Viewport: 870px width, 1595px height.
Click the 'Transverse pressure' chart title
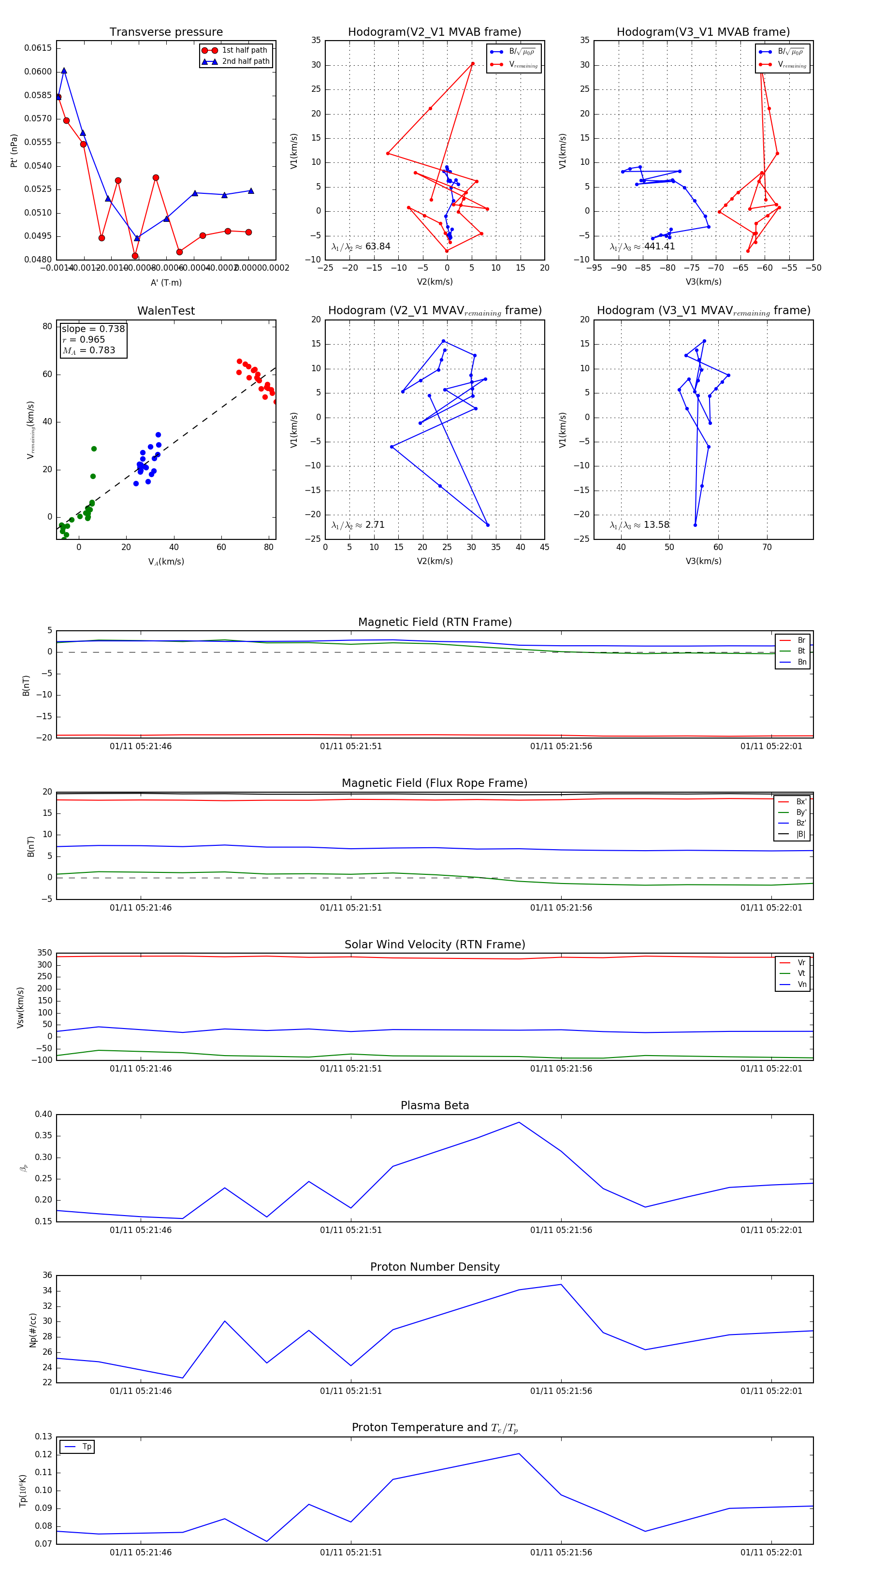(166, 32)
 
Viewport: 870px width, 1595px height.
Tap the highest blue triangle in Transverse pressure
(64, 71)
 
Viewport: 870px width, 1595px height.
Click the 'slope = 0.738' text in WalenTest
(93, 329)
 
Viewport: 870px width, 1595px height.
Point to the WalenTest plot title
(166, 311)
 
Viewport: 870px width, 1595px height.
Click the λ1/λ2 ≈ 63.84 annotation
(361, 246)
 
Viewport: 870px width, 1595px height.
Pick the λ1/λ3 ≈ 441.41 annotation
(642, 246)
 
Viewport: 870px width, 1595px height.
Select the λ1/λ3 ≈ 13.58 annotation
(639, 525)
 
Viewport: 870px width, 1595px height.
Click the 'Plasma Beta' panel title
(435, 1106)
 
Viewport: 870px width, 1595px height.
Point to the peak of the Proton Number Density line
(561, 1284)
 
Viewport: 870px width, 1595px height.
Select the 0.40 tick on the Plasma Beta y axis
(43, 1115)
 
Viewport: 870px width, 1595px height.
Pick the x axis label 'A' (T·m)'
(166, 282)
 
